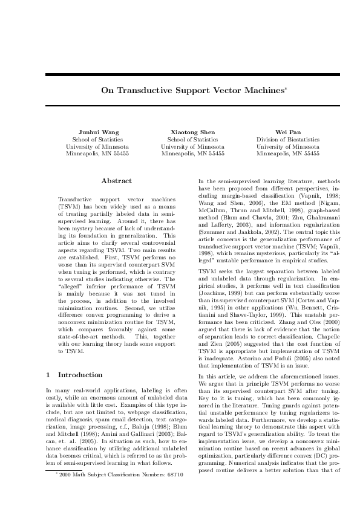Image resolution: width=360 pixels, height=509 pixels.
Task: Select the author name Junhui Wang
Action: tap(97, 132)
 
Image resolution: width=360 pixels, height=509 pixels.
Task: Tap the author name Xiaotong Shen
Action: tap(192, 132)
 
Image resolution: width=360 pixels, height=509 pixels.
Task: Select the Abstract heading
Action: tap(116, 181)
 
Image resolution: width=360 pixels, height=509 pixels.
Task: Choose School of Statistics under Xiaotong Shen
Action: tap(192, 139)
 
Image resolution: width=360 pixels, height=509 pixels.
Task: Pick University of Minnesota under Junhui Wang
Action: tap(97, 146)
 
